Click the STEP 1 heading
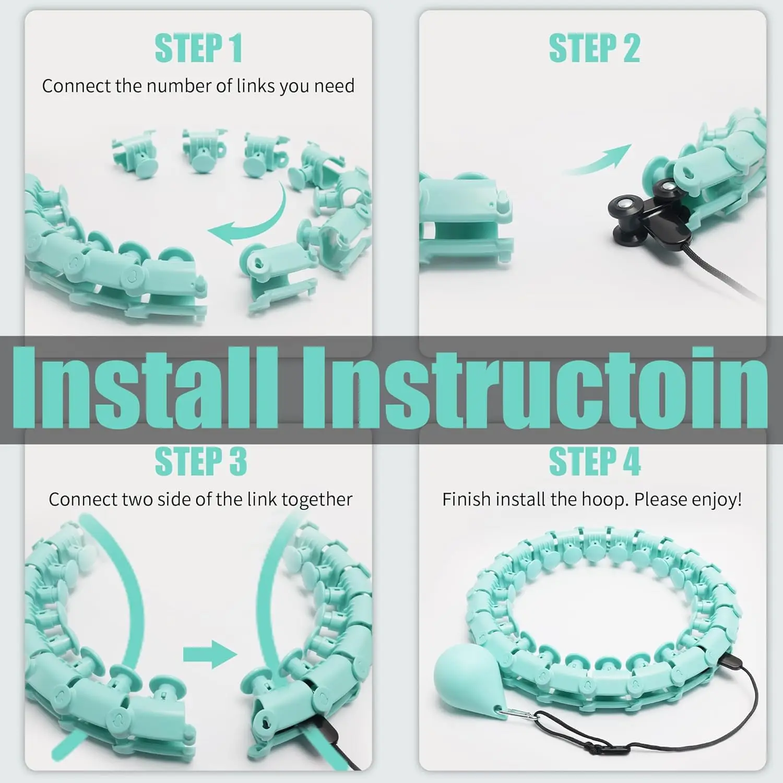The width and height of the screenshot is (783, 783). pos(199,49)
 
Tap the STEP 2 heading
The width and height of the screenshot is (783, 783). pos(594,49)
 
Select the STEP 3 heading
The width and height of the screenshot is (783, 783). pos(201,461)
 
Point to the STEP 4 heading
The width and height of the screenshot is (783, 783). pos(595,461)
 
